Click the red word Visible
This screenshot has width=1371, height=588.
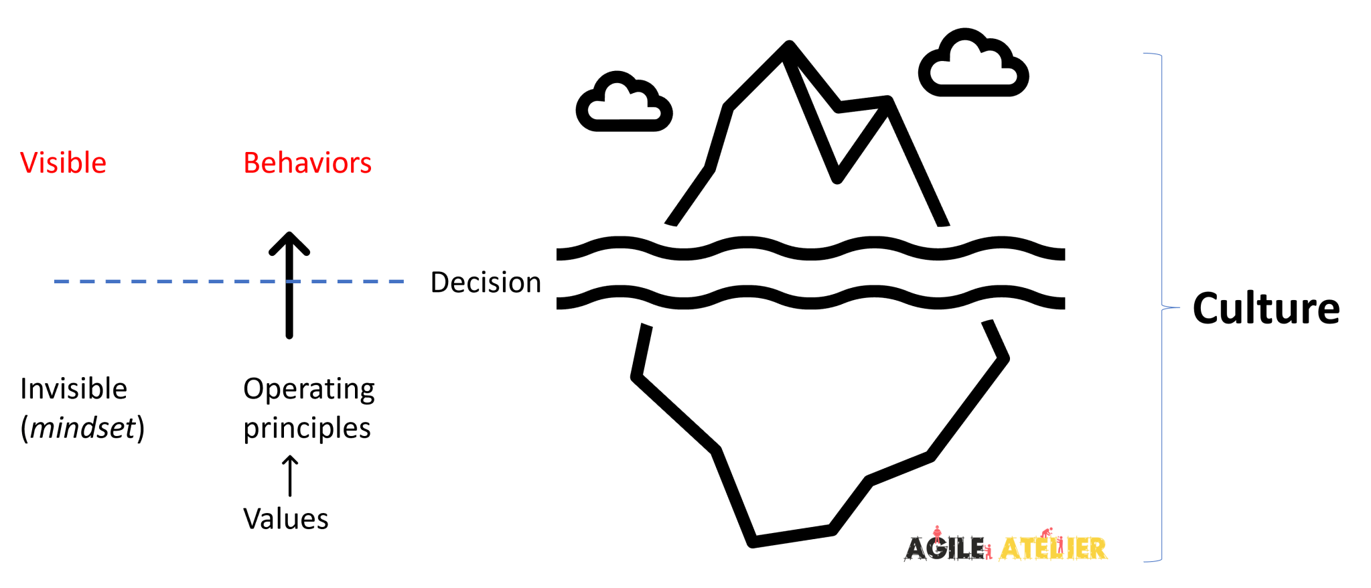coord(63,163)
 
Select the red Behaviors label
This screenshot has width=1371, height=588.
coord(307,163)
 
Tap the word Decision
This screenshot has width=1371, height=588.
coord(486,283)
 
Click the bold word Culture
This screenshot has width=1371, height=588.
coord(1266,309)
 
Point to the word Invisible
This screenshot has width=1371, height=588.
coord(74,389)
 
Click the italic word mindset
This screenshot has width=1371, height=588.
coord(82,428)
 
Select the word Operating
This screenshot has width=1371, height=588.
coord(309,389)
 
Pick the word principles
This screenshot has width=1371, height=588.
coord(307,428)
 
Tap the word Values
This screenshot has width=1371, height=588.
coord(286,519)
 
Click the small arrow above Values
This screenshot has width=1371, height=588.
coord(289,476)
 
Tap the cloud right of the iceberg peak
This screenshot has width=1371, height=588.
coord(973,64)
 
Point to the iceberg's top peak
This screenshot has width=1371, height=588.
coord(789,47)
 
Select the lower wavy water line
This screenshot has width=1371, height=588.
coord(810,299)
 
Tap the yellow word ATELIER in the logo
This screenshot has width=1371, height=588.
coord(1052,548)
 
